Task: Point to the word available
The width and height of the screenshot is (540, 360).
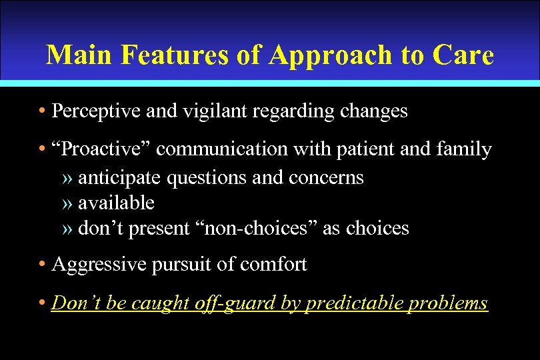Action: coord(116,203)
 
